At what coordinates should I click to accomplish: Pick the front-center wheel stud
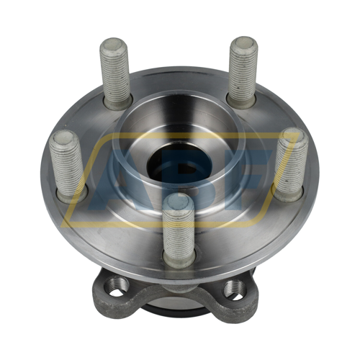click(178, 230)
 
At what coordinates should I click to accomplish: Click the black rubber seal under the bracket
click(176, 312)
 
